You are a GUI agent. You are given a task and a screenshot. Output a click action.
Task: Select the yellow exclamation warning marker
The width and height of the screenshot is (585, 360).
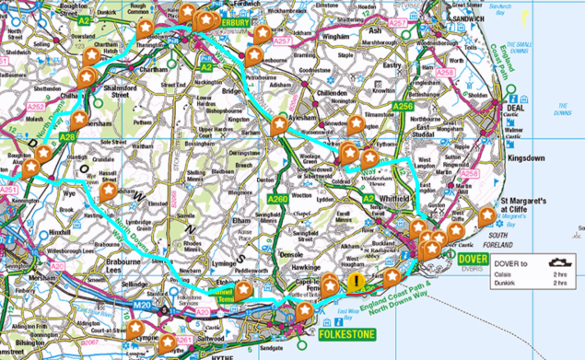click(x=355, y=284)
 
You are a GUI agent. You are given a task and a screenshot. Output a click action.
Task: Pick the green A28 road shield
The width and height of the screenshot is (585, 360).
click(x=67, y=136)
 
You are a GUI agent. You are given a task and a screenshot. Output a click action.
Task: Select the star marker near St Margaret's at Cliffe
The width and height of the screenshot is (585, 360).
click(x=486, y=216)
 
